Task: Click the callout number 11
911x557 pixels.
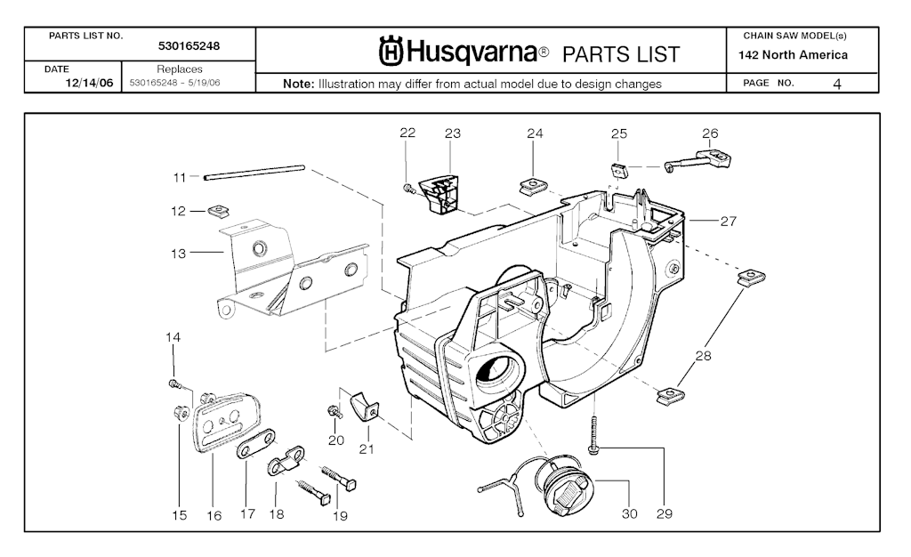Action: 180,178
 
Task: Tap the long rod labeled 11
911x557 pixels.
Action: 254,171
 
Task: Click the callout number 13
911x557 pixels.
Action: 178,254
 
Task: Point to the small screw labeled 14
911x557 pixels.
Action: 174,383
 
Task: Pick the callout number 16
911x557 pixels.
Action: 214,515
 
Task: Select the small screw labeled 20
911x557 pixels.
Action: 334,411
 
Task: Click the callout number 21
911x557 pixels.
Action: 367,448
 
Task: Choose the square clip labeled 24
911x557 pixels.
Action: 533,185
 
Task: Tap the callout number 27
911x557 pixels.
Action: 728,222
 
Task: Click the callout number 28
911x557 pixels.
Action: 703,356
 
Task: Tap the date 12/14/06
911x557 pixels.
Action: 88,84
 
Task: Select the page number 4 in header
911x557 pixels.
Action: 837,84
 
